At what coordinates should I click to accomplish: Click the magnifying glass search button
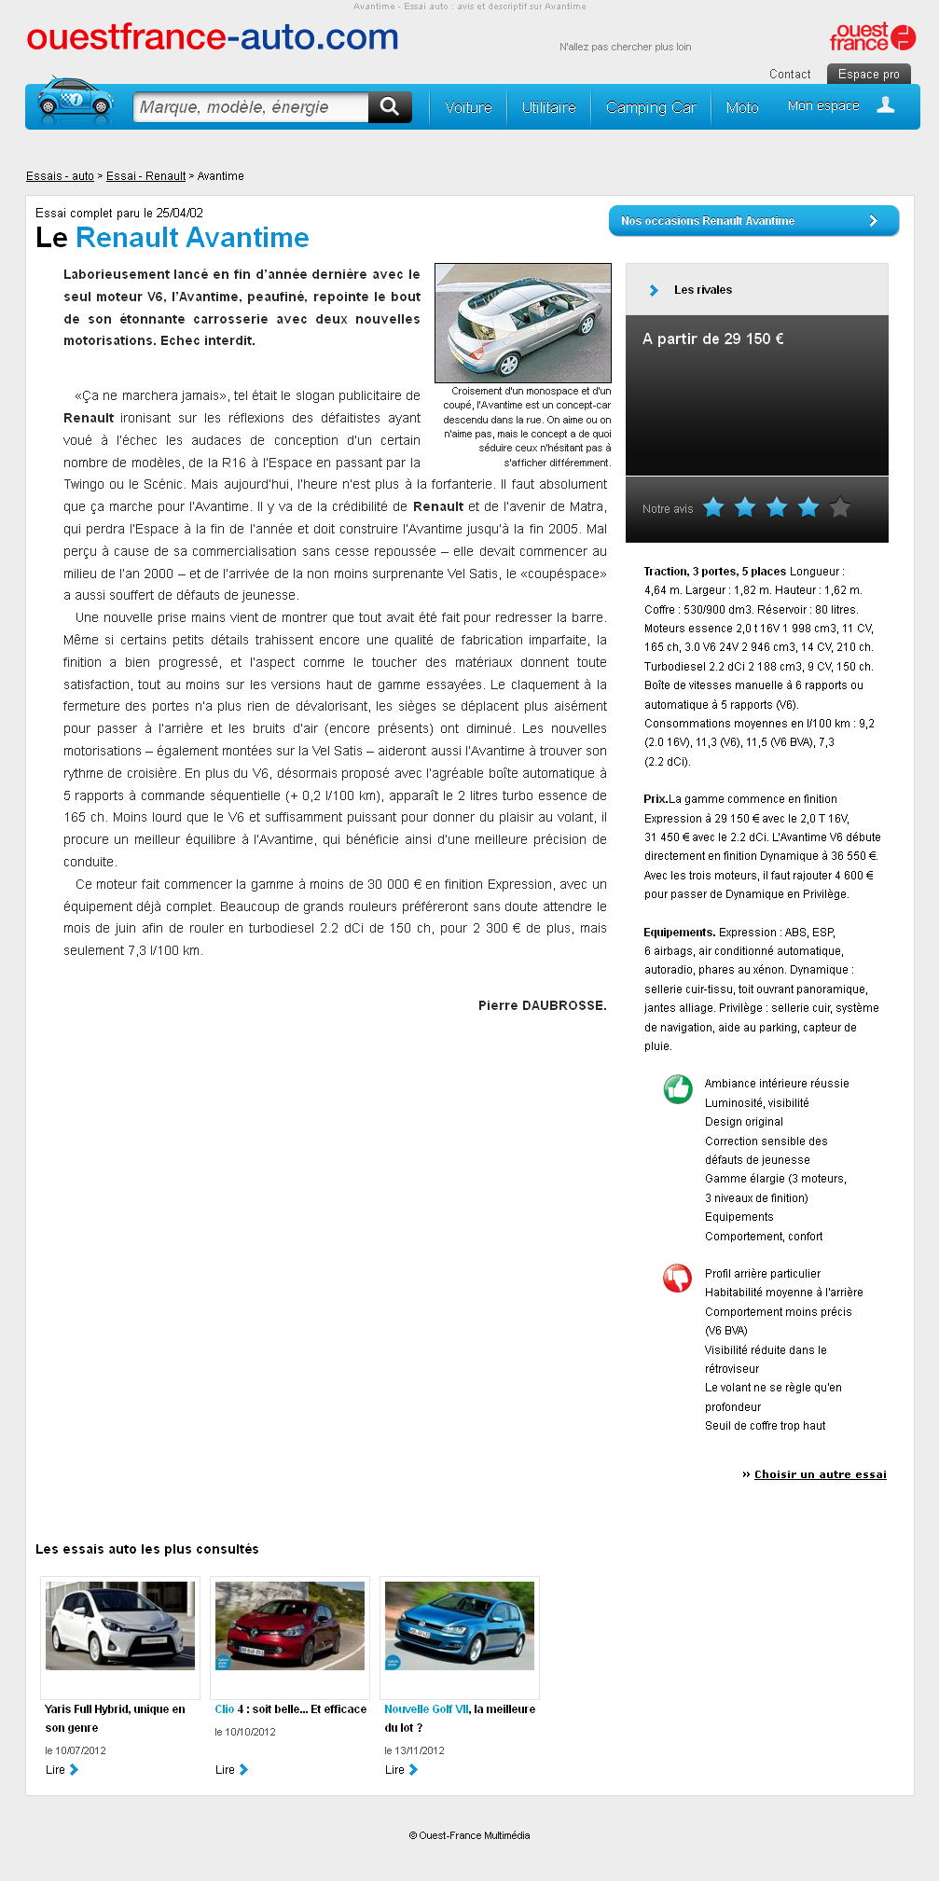pyautogui.click(x=390, y=107)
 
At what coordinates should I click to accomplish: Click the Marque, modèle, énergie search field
pyautogui.click(x=251, y=107)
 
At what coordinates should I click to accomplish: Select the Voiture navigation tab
pyautogui.click(x=468, y=108)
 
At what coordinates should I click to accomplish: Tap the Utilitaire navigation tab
pyautogui.click(x=548, y=108)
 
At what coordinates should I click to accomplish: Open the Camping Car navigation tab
pyautogui.click(x=651, y=108)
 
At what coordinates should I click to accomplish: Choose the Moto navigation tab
pyautogui.click(x=742, y=108)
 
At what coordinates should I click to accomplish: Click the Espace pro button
pyautogui.click(x=868, y=75)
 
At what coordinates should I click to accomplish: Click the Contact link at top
pyautogui.click(x=790, y=75)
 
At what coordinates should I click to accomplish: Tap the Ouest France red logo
pyautogui.click(x=872, y=37)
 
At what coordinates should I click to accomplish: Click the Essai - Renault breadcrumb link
pyautogui.click(x=145, y=176)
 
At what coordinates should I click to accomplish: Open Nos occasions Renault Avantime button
pyautogui.click(x=753, y=221)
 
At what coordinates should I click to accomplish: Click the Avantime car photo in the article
pyautogui.click(x=523, y=323)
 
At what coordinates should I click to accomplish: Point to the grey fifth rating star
pyautogui.click(x=840, y=507)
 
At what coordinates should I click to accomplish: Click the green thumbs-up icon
pyautogui.click(x=678, y=1088)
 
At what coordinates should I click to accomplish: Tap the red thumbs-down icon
pyautogui.click(x=678, y=1278)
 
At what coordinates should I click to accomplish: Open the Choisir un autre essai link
pyautogui.click(x=820, y=1474)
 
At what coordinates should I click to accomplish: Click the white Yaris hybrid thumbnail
pyautogui.click(x=120, y=1625)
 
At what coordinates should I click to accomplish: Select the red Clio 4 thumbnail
pyautogui.click(x=290, y=1625)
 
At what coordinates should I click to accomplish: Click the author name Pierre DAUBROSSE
pyautogui.click(x=542, y=1005)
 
